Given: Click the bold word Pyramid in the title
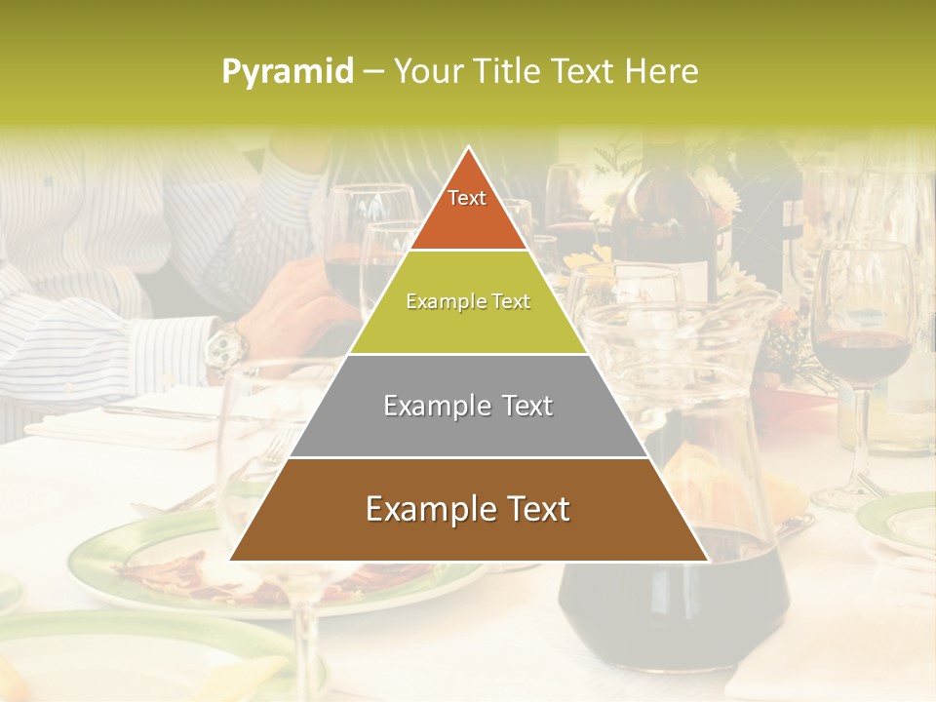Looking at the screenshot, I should click(288, 72).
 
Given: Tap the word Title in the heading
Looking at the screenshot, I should click(511, 72).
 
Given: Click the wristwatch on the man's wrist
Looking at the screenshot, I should click(226, 345).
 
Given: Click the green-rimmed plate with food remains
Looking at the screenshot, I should click(156, 565).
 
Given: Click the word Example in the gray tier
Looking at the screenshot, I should click(428, 406).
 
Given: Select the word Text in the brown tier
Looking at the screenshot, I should click(536, 509).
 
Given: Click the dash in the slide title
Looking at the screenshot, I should click(373, 72).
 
